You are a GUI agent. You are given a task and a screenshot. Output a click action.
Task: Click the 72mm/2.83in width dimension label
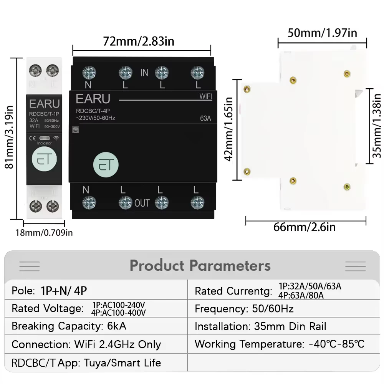pyautogui.click(x=139, y=41)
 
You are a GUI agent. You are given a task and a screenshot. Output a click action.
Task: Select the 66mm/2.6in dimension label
pyautogui.click(x=305, y=227)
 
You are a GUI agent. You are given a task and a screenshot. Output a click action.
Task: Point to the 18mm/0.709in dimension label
pyautogui.click(x=44, y=232)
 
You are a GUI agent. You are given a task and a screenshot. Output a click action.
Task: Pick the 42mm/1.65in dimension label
pyautogui.click(x=229, y=129)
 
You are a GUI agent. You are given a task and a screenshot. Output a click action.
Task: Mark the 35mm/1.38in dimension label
pyautogui.click(x=378, y=127)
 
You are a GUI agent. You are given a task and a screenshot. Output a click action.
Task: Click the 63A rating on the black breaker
pyautogui.click(x=205, y=118)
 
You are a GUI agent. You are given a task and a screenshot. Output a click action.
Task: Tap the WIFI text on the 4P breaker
pyautogui.click(x=206, y=96)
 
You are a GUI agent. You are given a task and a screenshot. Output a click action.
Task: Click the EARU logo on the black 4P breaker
pyautogui.click(x=93, y=99)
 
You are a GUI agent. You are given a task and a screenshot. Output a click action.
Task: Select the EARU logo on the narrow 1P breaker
pyautogui.click(x=45, y=104)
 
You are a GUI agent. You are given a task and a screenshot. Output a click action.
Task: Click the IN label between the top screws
pyautogui.click(x=144, y=73)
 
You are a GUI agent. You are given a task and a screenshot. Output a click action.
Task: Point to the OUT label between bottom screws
pyautogui.click(x=142, y=203)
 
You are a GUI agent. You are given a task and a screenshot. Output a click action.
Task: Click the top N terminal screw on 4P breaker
pyautogui.click(x=89, y=72)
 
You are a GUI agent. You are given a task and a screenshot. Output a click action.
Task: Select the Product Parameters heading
pyautogui.click(x=200, y=265)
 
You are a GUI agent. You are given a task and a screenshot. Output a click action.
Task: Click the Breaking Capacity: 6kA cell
pyautogui.click(x=69, y=326)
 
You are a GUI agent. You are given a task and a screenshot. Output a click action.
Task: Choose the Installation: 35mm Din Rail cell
pyautogui.click(x=260, y=326)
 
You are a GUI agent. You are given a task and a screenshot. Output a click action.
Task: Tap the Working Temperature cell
pyautogui.click(x=279, y=344)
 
